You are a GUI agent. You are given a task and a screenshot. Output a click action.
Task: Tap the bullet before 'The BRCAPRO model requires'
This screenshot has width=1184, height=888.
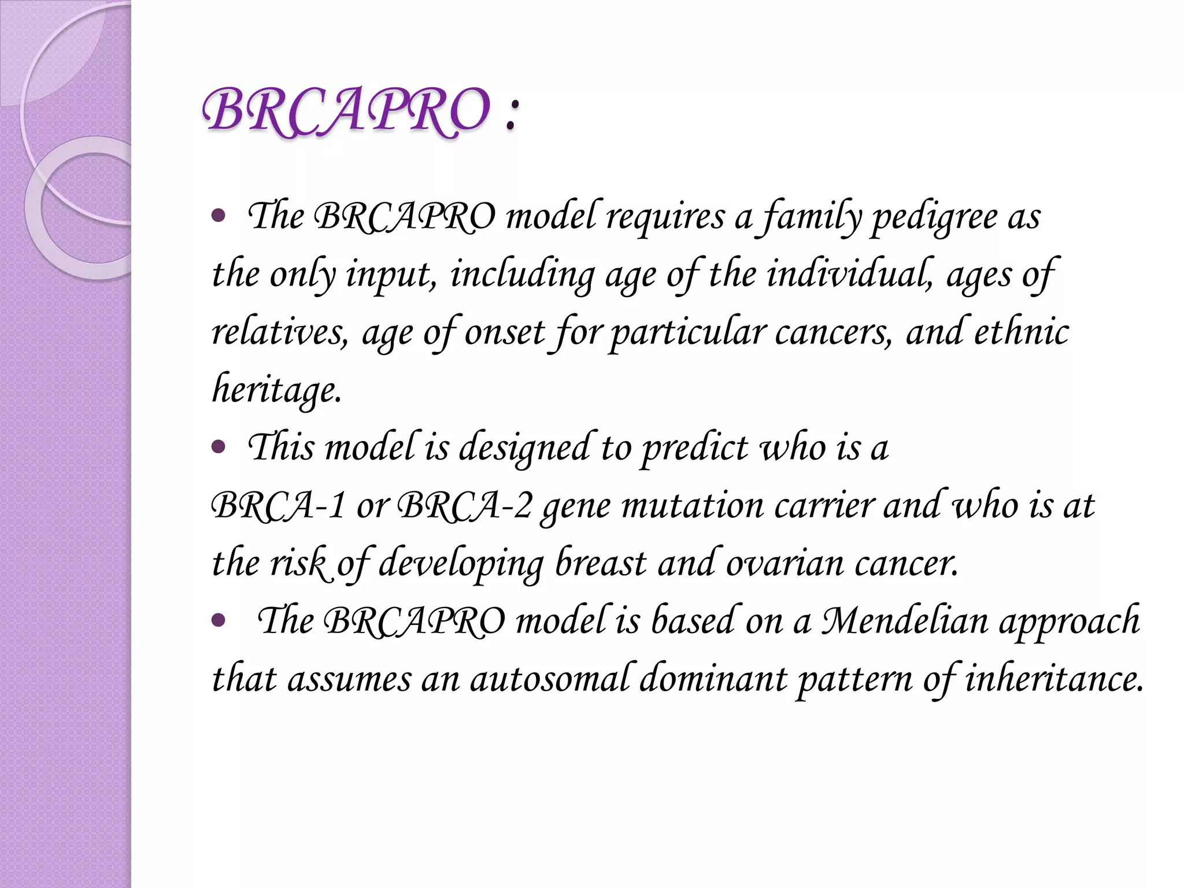pos(219,217)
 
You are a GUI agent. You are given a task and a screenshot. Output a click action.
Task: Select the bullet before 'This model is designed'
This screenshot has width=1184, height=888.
pos(219,447)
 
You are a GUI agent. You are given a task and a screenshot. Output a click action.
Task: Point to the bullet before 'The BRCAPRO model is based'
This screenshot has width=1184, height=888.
pos(219,621)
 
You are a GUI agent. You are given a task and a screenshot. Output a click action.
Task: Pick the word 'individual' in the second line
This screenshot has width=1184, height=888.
pos(849,274)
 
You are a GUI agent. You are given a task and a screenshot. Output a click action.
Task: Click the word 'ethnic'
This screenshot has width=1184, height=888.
pos(1022,332)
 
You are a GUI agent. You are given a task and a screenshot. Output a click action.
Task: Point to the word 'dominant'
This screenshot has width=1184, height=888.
pos(713,679)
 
